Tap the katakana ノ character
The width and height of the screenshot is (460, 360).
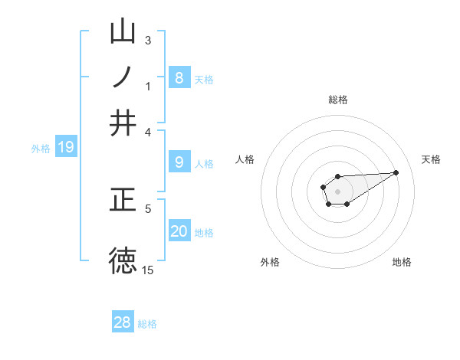123,77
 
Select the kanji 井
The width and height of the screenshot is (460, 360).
123,122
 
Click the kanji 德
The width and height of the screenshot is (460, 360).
123,260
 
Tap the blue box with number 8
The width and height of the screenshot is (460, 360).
179,77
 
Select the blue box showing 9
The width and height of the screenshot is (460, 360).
179,162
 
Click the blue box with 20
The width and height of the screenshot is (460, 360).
179,231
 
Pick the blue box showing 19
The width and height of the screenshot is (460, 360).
66,147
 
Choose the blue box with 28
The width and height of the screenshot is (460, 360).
123,322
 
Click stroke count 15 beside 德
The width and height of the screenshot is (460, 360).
148,270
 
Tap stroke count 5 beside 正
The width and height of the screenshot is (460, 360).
148,208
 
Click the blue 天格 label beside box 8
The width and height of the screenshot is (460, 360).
204,79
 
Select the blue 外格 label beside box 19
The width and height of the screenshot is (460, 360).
41,149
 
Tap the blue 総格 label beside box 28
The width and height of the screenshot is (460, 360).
147,324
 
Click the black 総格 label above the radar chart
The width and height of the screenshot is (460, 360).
338,100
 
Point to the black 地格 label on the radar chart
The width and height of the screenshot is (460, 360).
402,262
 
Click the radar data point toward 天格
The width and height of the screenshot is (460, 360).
396,172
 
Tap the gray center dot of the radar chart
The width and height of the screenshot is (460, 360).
337,191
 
